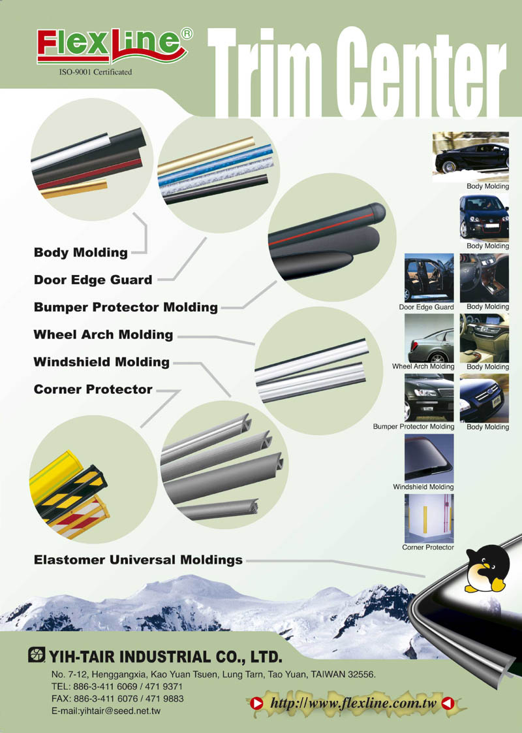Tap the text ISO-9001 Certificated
tap(95, 72)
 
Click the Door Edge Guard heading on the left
tap(93, 280)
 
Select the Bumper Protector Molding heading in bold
tap(125, 307)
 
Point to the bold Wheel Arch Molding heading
tap(103, 334)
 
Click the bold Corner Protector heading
tap(93, 389)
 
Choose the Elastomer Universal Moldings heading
tap(138, 560)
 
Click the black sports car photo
tap(470, 157)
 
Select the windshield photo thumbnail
tap(429, 458)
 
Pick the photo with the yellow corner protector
tap(429, 519)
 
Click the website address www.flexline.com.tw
tap(354, 702)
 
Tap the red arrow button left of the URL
tap(256, 703)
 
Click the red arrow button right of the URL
tap(448, 703)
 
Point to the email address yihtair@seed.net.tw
tap(106, 711)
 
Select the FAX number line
tap(117, 699)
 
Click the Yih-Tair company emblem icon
tap(37, 655)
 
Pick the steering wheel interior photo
tap(484, 278)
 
